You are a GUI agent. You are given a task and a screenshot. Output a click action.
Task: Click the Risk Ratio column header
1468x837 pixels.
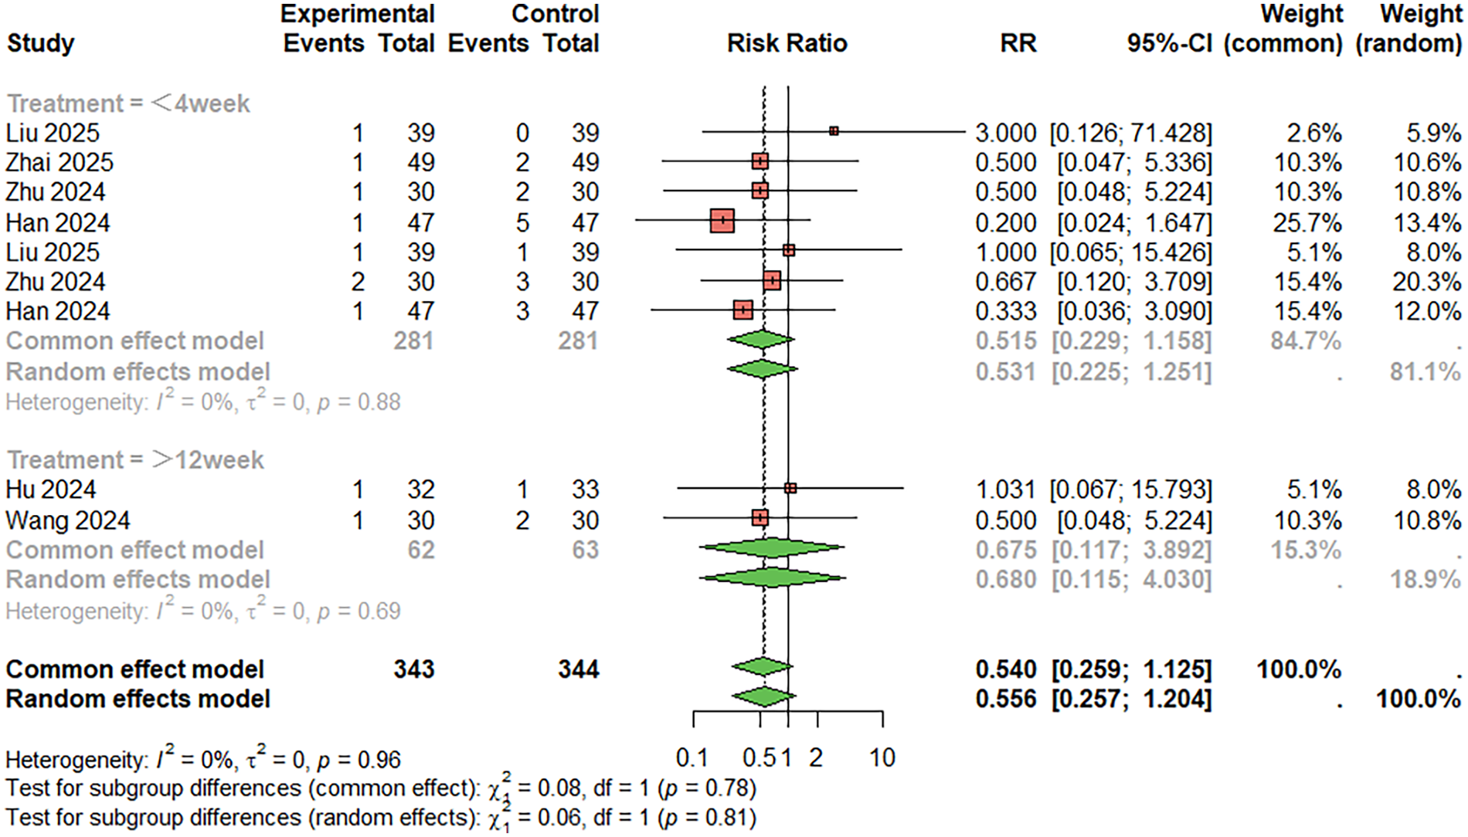tap(787, 43)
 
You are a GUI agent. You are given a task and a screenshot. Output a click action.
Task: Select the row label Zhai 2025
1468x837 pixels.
tap(59, 163)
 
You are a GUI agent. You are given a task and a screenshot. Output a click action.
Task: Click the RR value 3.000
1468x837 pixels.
tap(1004, 133)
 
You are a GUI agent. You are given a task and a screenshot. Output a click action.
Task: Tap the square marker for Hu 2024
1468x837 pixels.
tap(790, 488)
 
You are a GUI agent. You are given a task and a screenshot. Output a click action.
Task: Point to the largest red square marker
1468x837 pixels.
tap(722, 221)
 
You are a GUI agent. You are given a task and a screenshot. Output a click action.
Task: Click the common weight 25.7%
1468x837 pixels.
tap(1307, 223)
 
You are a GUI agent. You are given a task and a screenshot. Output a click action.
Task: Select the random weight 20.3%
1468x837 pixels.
tap(1426, 282)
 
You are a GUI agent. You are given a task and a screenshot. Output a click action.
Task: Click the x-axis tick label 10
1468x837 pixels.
tap(882, 758)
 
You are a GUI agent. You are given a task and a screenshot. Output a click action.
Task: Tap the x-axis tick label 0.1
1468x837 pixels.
tap(692, 758)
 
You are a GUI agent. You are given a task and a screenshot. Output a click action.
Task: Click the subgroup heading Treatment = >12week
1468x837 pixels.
tap(135, 460)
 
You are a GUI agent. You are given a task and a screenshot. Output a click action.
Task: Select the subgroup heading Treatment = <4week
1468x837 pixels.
tap(128, 103)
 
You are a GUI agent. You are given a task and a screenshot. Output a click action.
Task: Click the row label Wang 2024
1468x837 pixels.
tap(68, 520)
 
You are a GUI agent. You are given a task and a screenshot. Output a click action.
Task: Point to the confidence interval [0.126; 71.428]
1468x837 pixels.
tap(1130, 133)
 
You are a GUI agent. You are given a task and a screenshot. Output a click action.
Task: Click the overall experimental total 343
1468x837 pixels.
tap(413, 669)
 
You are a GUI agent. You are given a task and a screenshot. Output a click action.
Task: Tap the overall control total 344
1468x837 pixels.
tap(578, 669)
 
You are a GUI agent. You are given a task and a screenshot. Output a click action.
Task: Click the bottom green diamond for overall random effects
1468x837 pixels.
tap(763, 697)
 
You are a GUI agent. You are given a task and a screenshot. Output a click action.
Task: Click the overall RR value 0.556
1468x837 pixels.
tap(1004, 699)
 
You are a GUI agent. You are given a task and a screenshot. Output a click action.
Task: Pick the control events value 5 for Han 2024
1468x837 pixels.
tap(522, 223)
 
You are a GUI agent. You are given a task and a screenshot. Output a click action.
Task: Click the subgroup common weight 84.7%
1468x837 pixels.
tap(1305, 341)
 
